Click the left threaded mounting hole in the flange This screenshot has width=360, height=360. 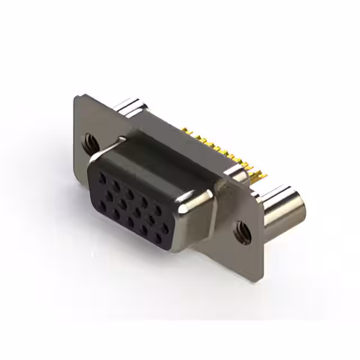(x=89, y=142)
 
